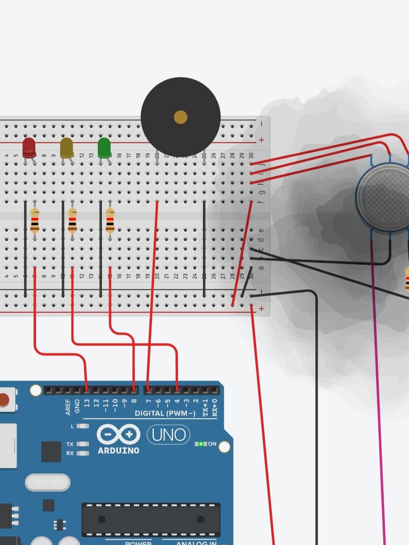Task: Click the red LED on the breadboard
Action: click(x=29, y=147)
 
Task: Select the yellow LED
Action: click(x=66, y=147)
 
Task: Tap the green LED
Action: click(x=104, y=147)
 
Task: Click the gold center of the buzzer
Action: click(x=180, y=117)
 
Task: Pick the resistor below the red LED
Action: click(x=35, y=220)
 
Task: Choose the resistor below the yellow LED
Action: click(x=72, y=220)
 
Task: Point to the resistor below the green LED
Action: click(x=110, y=220)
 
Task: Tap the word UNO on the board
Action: click(x=168, y=435)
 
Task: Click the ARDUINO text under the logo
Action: click(x=119, y=451)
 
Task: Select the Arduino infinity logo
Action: click(x=119, y=435)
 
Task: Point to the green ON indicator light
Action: click(x=201, y=444)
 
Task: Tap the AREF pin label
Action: click(x=68, y=407)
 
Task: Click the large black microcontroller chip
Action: click(x=151, y=519)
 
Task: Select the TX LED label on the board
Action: click(x=70, y=444)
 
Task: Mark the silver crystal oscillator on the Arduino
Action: click(x=47, y=482)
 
